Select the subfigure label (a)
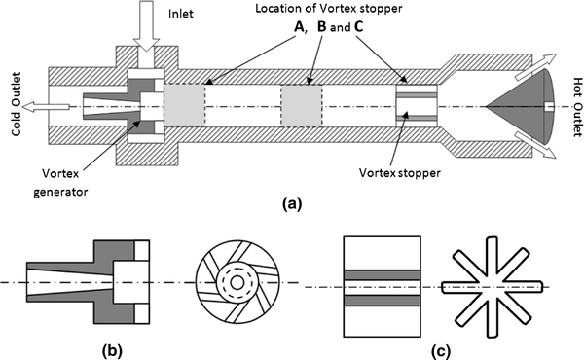click(292, 205)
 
